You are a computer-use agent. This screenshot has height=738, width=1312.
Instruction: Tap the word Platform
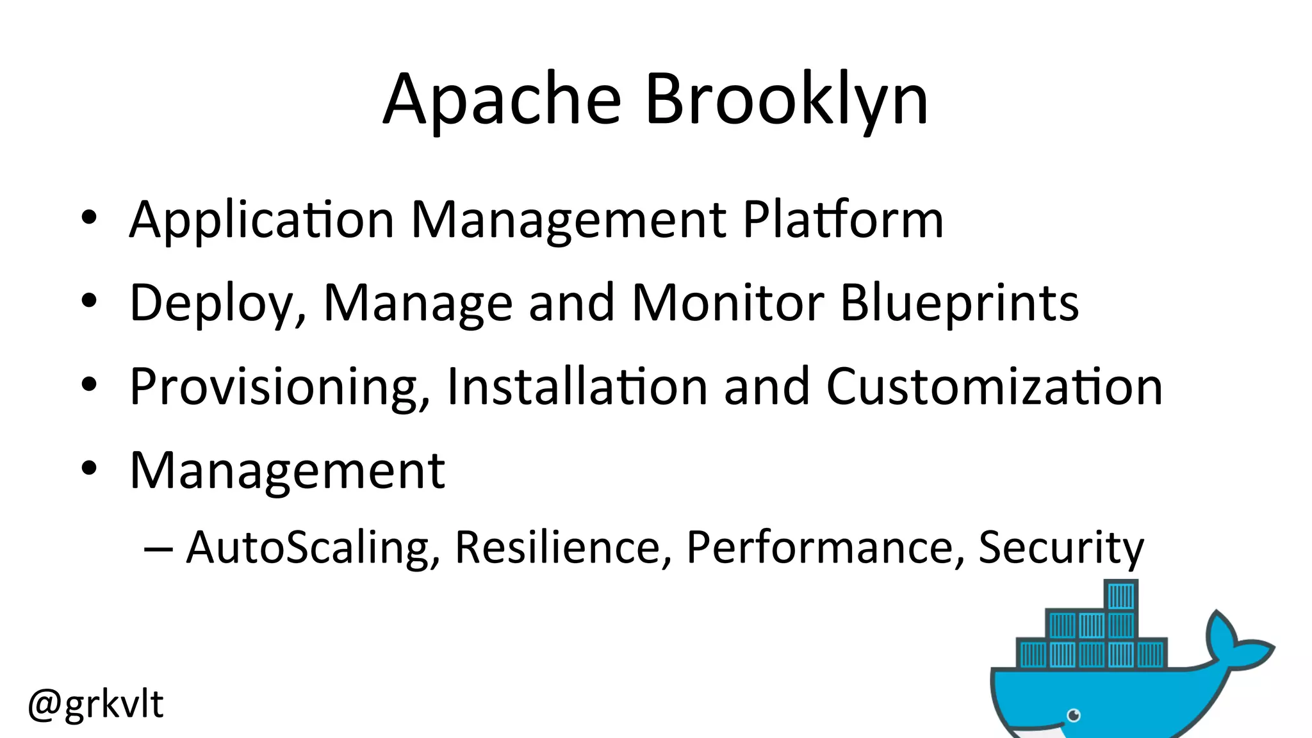tap(843, 220)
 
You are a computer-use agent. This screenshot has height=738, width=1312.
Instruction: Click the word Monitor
tap(728, 303)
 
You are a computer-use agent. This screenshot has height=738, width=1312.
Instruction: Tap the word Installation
tap(577, 387)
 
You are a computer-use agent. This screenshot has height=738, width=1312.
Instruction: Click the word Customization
tap(994, 387)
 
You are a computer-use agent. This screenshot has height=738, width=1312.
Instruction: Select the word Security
tap(1061, 548)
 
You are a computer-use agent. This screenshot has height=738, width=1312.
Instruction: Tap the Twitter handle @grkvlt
tap(96, 704)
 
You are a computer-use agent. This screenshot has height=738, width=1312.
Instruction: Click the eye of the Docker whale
tap(1074, 715)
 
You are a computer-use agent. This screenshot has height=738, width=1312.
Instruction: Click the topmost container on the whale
tap(1121, 596)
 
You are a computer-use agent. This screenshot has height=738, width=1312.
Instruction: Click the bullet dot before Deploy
tap(89, 300)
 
